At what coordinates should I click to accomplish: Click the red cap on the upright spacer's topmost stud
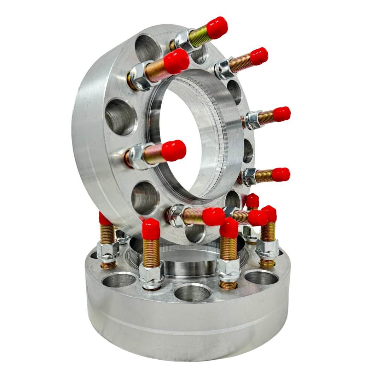216,28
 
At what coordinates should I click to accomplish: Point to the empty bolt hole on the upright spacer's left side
121,117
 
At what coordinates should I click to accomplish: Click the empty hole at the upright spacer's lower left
145,198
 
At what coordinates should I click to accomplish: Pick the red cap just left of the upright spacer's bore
174,151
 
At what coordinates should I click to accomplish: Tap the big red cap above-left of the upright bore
176,62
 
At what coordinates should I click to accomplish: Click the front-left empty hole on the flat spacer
119,280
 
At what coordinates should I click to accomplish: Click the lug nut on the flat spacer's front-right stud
228,270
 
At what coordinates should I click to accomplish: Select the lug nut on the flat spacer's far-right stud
268,249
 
